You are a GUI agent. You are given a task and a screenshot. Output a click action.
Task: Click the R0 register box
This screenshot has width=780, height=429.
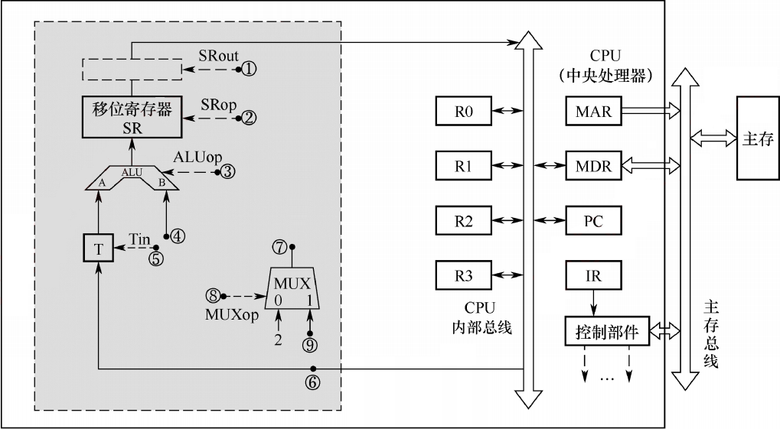click(x=463, y=111)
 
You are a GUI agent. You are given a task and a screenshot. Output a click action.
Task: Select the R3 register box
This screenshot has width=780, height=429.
click(x=463, y=275)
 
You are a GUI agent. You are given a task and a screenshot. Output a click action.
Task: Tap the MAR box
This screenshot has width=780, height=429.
click(x=593, y=111)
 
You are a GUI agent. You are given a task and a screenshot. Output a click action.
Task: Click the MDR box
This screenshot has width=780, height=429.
click(x=593, y=165)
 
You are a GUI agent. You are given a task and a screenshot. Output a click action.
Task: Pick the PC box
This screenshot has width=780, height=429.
click(x=593, y=220)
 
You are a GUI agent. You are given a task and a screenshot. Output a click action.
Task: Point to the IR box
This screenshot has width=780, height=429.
click(x=593, y=275)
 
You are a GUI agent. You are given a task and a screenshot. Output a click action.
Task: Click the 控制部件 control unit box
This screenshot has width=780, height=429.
click(x=607, y=331)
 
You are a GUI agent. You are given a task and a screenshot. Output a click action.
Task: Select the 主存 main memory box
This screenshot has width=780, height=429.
click(x=758, y=138)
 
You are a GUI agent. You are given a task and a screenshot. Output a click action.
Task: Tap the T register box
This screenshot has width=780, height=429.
click(x=99, y=249)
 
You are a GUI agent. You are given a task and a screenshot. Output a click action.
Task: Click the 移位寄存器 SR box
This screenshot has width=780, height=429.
click(x=132, y=117)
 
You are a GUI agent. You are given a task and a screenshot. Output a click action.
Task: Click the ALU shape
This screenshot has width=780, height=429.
click(x=132, y=177)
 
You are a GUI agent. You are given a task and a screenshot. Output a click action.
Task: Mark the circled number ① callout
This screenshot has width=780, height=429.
click(x=249, y=68)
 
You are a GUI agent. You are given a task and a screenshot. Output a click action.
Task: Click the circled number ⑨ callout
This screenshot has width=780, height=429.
click(x=310, y=344)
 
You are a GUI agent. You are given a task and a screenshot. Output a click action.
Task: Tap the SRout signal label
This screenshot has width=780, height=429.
click(x=218, y=56)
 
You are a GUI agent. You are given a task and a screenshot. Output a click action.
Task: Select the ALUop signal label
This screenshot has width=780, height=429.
click(x=197, y=158)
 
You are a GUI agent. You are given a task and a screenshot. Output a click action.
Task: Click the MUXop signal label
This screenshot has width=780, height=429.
click(x=232, y=315)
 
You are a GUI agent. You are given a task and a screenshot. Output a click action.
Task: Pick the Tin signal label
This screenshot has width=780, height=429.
click(x=140, y=239)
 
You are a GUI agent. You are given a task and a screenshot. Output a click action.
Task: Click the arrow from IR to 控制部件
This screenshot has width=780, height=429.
click(x=593, y=303)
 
